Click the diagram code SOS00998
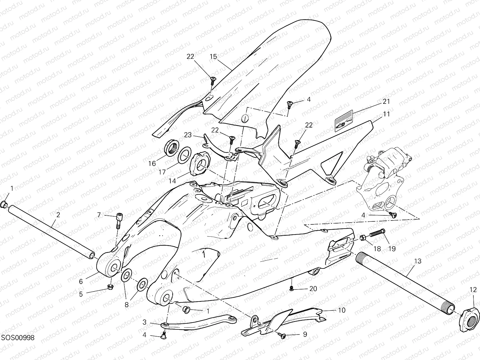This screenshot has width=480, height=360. click(17, 338)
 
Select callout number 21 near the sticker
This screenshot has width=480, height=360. click(386, 101)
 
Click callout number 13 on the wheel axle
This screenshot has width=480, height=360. click(418, 261)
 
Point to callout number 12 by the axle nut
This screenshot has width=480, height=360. click(473, 290)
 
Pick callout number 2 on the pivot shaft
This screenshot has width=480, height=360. click(58, 215)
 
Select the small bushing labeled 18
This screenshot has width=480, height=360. click(363, 238)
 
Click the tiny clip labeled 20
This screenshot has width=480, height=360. click(291, 288)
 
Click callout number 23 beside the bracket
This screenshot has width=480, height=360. click(188, 135)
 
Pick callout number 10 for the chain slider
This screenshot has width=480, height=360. click(342, 310)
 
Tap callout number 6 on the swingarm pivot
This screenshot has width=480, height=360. click(81, 281)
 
